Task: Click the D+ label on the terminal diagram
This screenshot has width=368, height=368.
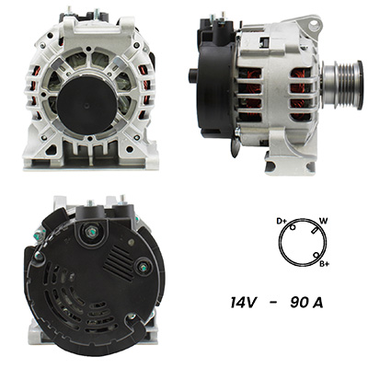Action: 282,221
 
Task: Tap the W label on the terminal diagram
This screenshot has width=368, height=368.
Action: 323,221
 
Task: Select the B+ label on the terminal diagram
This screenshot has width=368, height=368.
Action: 324,263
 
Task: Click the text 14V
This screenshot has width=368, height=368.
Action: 243,303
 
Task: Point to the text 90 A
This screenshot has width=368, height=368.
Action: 306,303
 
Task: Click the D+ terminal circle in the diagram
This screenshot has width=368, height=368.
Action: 293,227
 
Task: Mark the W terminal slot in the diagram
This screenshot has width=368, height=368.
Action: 314,230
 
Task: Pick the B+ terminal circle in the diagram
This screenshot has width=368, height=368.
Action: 316,255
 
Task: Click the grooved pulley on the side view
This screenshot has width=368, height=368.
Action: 342,81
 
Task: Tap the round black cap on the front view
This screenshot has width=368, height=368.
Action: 86,105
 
